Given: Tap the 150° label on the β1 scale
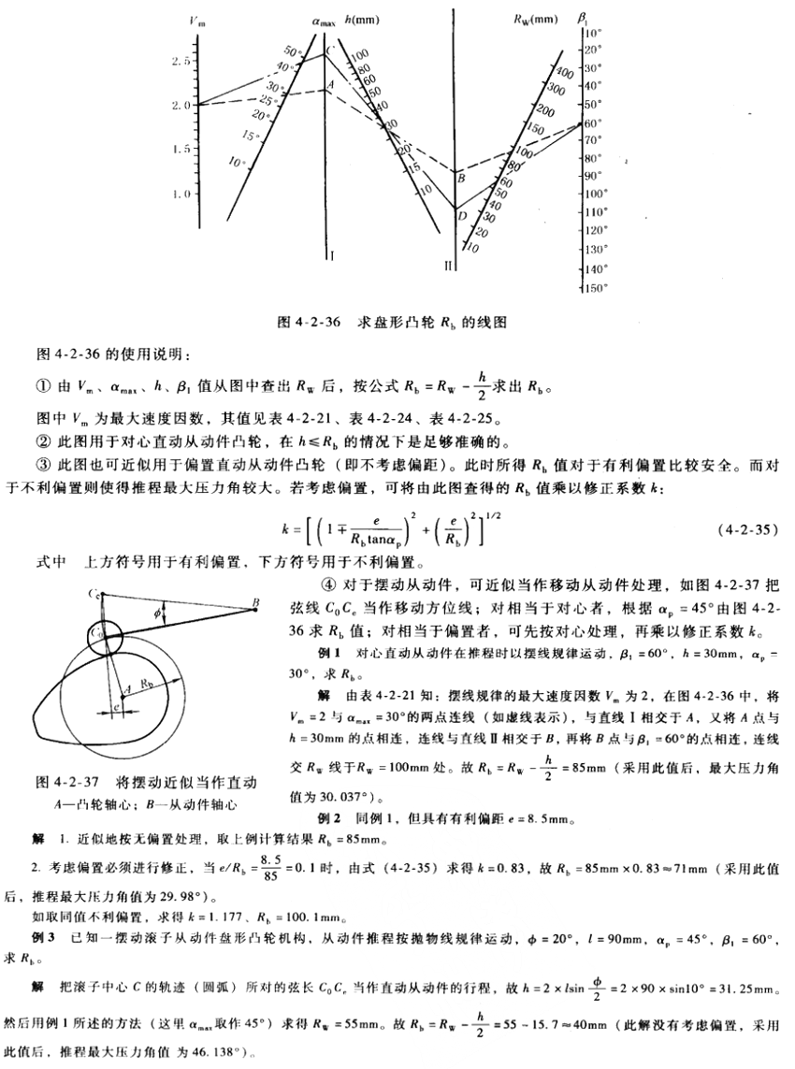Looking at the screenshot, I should tap(595, 287).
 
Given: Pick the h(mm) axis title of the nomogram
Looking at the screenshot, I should tap(361, 18).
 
